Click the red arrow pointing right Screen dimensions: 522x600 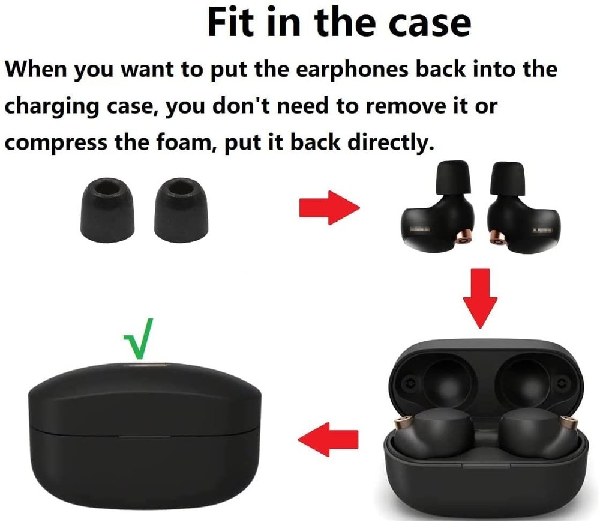click(329, 208)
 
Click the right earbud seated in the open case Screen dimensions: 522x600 click(529, 430)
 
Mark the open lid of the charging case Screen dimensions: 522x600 click(485, 372)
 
